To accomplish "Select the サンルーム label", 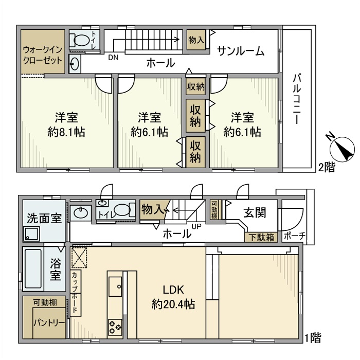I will coord(241,51).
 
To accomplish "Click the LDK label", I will coord(173,289).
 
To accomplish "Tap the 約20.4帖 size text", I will coord(173,304).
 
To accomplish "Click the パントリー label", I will coord(49,323).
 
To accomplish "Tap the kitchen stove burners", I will coord(114,326).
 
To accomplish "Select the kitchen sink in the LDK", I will coord(115,284).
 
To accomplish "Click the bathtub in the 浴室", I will coord(33,270).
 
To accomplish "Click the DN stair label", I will coord(113,58).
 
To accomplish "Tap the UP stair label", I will coord(196,226).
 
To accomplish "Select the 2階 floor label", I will coord(327,167).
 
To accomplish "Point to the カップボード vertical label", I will coord(75,293).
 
